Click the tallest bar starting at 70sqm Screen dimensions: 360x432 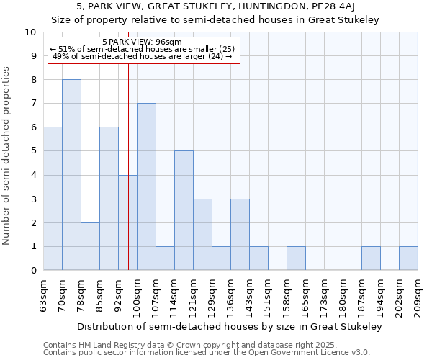coord(71,175)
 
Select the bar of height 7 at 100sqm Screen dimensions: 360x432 coord(146,186)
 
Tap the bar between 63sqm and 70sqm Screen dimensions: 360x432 coord(53,199)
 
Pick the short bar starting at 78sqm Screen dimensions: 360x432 coord(90,246)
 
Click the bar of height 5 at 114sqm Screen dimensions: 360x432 coord(184,210)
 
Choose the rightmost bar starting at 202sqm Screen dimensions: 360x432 coord(408,258)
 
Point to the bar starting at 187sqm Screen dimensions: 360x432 coord(371,258)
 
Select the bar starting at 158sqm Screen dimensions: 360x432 coord(296,258)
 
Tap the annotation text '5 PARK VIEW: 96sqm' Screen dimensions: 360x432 coord(142,42)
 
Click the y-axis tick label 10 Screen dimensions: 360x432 coord(30,32)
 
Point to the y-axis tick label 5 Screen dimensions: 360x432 coord(33,151)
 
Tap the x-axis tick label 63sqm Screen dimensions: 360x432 coord(43,296)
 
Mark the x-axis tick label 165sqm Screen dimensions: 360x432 coord(305,296)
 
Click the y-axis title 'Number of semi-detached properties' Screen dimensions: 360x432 coord(7,156)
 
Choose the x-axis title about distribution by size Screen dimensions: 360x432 coord(230,326)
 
